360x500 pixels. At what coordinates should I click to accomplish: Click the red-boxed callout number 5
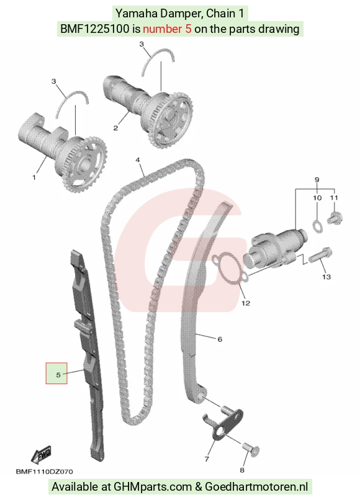pos(58,375)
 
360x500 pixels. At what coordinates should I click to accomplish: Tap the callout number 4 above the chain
pos(138,159)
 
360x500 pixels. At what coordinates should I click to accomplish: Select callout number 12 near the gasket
pos(245,303)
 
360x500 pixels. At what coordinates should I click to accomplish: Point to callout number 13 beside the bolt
pos(326,277)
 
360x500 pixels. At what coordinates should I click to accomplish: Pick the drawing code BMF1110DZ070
pos(44,471)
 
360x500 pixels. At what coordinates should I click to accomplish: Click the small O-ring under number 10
pos(317,225)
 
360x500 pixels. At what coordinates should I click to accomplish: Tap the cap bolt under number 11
pos(335,218)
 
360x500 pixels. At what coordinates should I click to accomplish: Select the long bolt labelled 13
pos(320,256)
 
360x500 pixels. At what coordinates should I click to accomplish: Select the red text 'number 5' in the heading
pos(167,29)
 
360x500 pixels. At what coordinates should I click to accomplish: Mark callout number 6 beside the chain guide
pos(220,339)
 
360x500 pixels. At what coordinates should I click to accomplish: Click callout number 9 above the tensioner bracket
pos(317,180)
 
